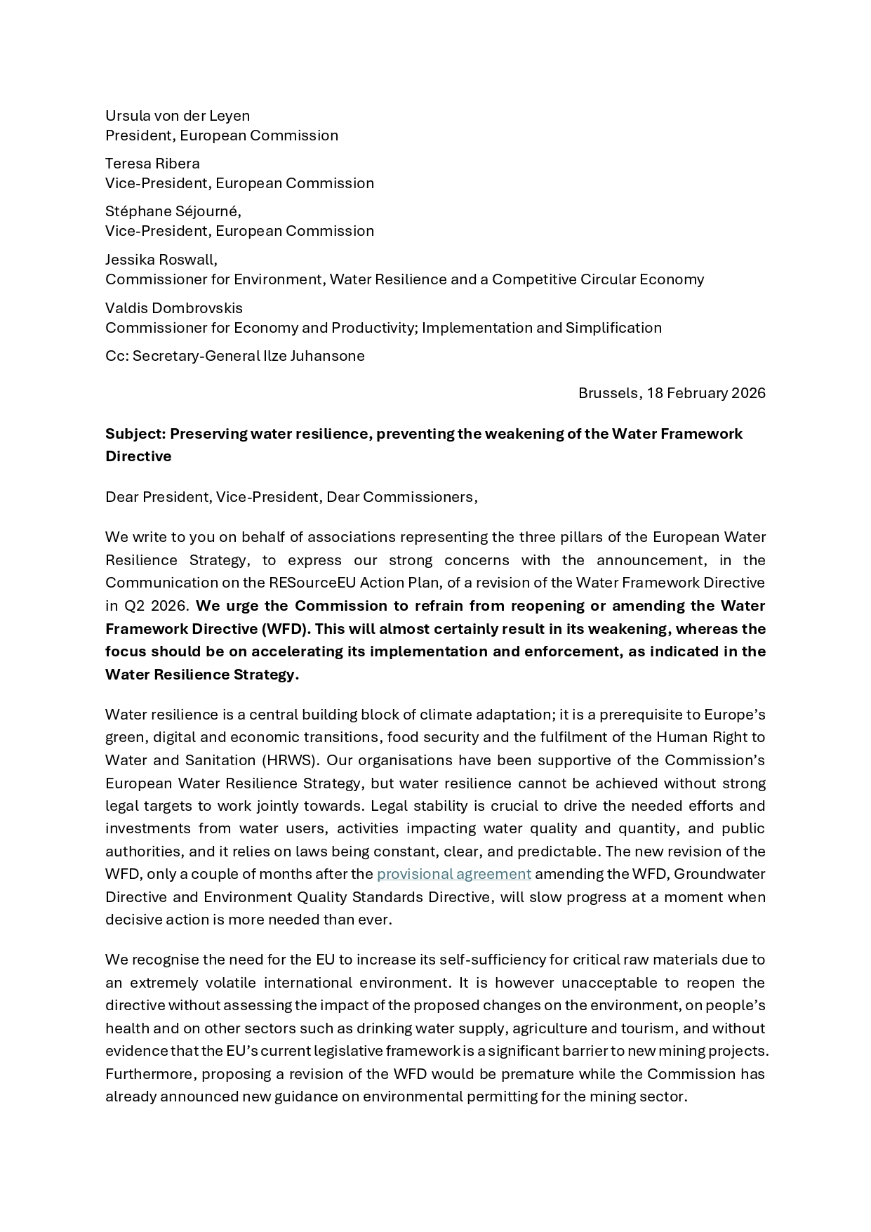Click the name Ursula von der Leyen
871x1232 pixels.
pos(178,116)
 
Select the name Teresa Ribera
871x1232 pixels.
pos(152,164)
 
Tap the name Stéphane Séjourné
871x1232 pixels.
pos(173,211)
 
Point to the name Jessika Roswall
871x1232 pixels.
pos(161,260)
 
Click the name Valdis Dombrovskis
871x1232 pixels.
pos(174,308)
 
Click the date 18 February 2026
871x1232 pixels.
pos(706,393)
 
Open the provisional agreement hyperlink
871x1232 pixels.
pos(453,874)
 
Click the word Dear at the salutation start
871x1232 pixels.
pos(121,497)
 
